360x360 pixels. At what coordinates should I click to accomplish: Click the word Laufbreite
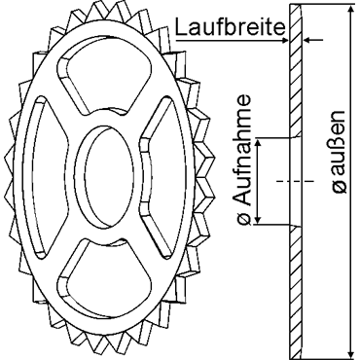[230, 27]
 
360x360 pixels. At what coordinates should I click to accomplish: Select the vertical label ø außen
[340, 151]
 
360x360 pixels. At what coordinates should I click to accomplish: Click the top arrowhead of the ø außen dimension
[350, 10]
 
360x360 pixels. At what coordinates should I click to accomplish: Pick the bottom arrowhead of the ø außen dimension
[350, 351]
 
